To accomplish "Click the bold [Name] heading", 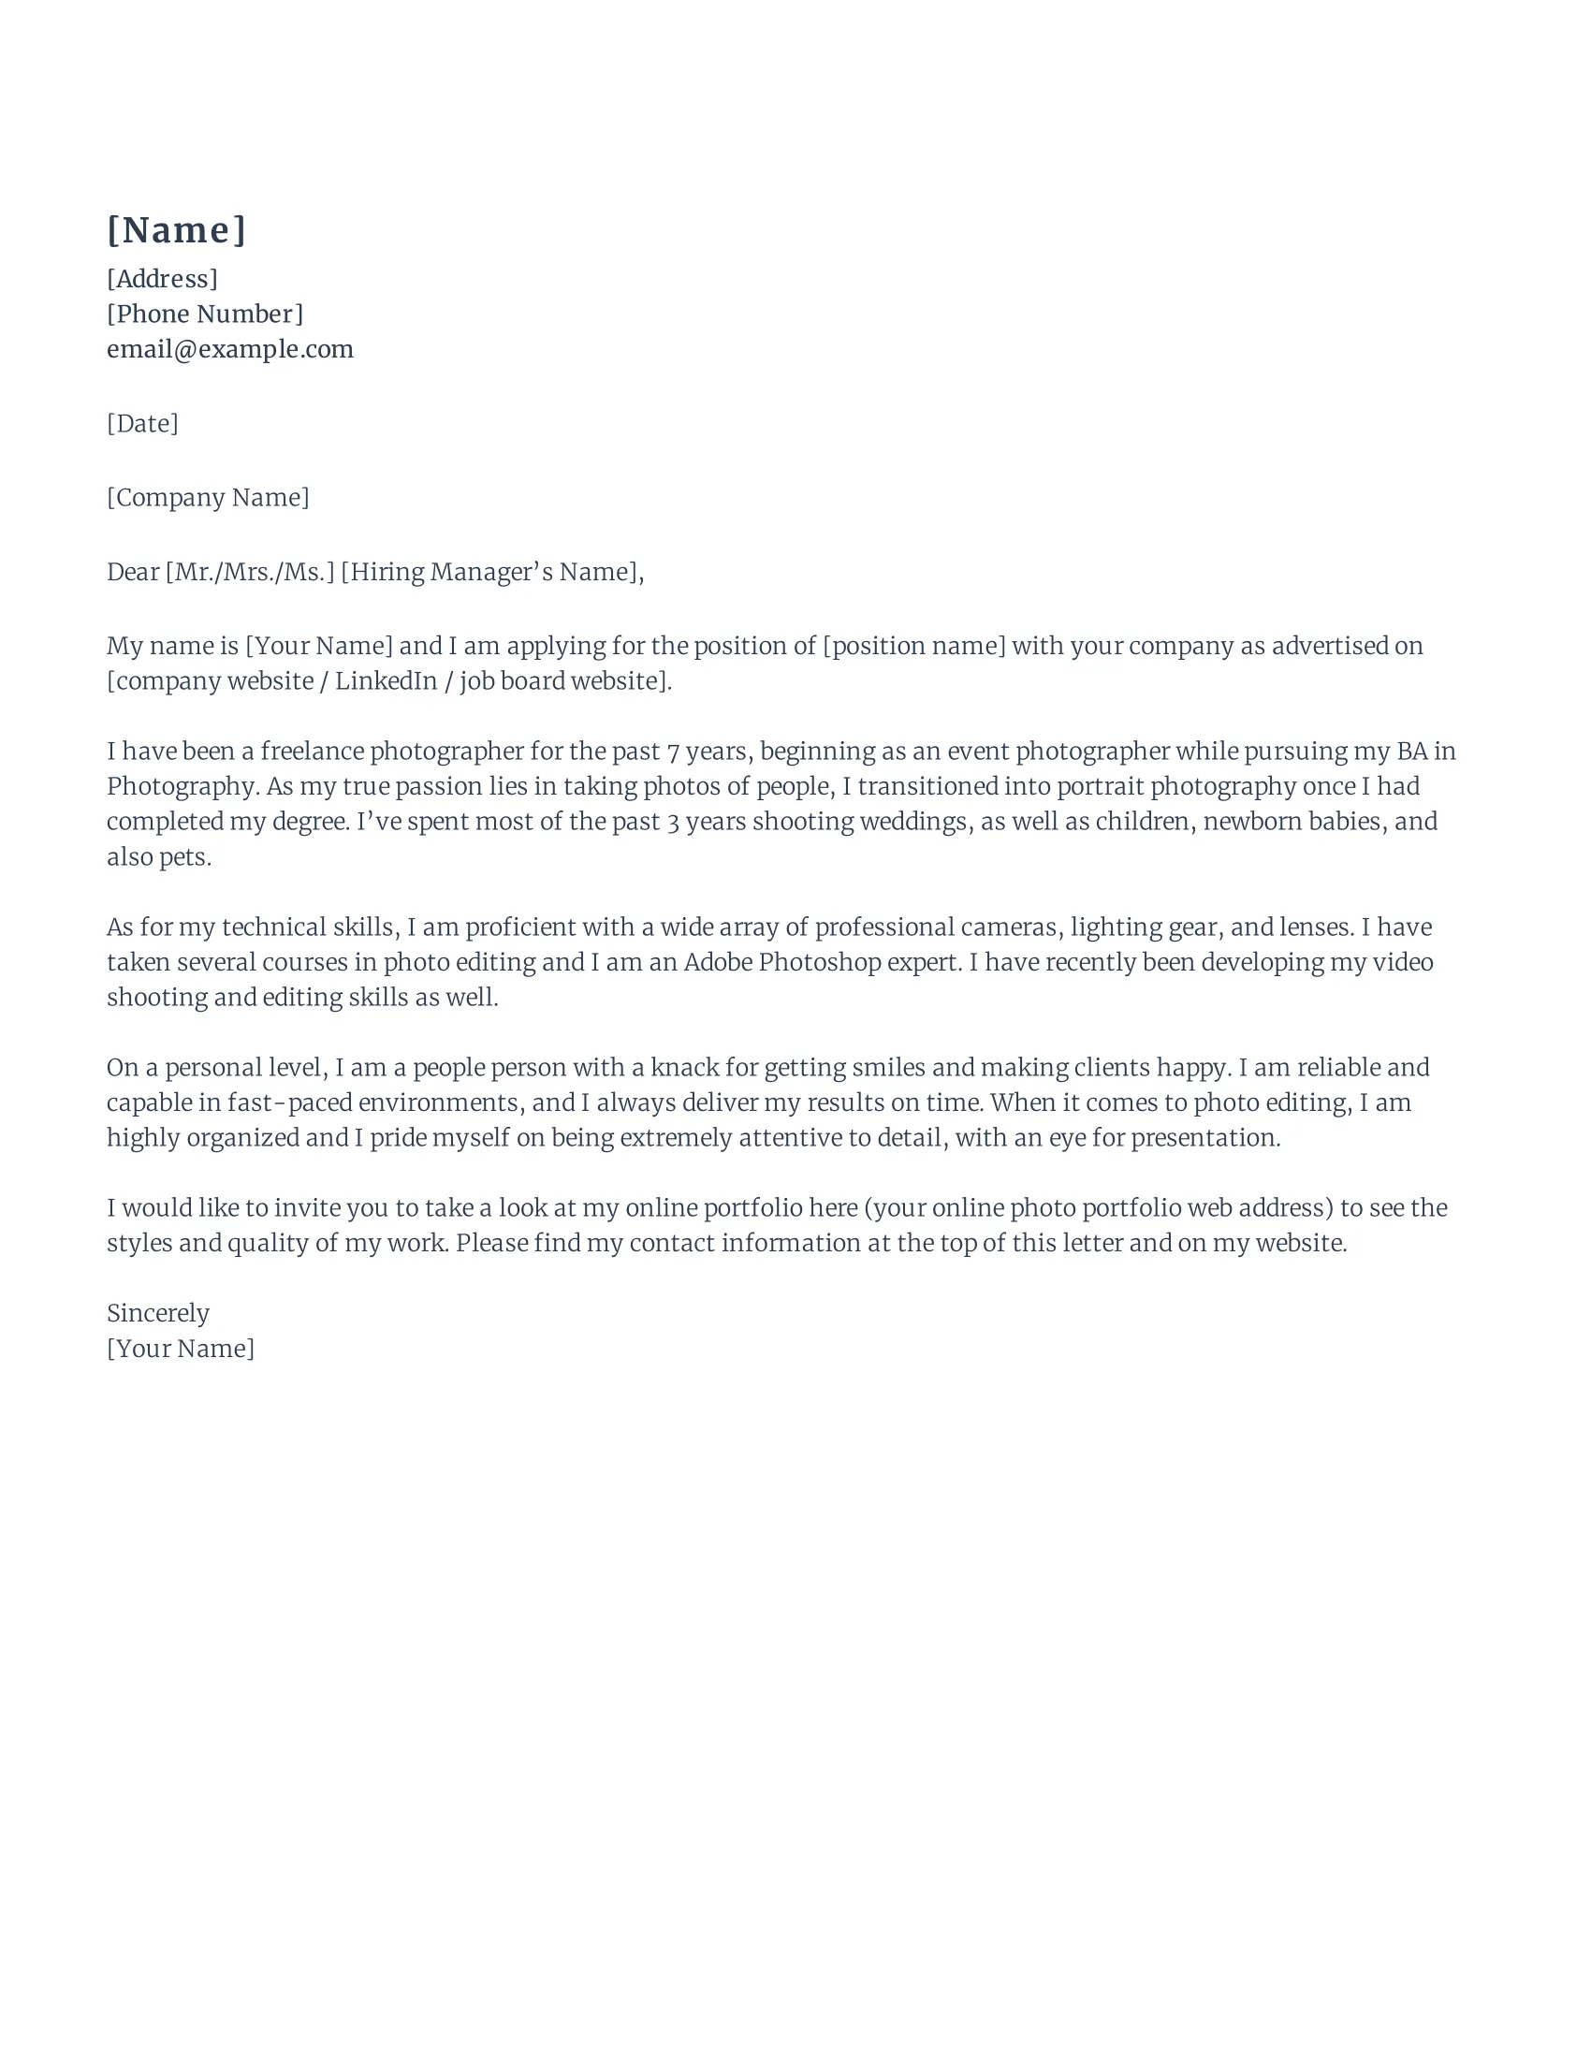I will [x=176, y=230].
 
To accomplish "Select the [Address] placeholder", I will [x=162, y=279].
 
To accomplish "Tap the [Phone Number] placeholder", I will [x=205, y=314].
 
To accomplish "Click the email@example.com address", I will [x=230, y=349].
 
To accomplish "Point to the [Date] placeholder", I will [x=142, y=423].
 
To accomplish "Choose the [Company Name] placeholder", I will [x=208, y=498].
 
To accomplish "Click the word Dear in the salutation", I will [x=133, y=572].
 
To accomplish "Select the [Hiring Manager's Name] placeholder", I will [x=491, y=572].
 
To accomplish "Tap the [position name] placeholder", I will [x=914, y=647].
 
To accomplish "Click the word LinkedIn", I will [x=387, y=681].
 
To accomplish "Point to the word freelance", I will [x=312, y=752].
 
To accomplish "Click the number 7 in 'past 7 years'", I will [x=673, y=752].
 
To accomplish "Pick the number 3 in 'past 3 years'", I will [x=673, y=822].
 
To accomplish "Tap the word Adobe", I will [x=718, y=962].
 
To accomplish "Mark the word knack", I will [x=685, y=1068].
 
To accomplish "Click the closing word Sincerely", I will [x=158, y=1313].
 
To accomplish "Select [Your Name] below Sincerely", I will [x=180, y=1349].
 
